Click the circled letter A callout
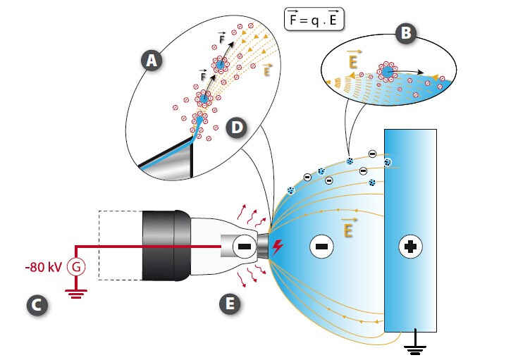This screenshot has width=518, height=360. (151, 61)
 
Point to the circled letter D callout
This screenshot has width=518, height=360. (237, 128)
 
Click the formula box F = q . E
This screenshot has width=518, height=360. (314, 19)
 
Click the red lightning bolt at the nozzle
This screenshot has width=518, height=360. (278, 247)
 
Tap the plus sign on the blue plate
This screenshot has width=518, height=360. (409, 247)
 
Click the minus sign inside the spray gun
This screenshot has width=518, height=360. (243, 247)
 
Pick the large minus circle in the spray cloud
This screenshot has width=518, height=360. (320, 247)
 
